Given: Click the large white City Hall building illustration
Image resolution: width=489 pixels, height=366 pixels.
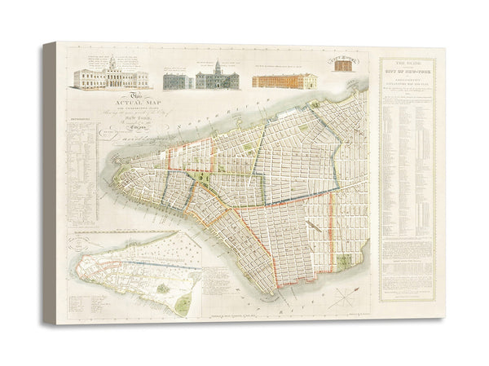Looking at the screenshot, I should point(111,77).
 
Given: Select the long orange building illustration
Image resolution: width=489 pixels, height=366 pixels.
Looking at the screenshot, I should point(284,81).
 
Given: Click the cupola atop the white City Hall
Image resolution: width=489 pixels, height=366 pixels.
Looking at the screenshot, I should point(111,62).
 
